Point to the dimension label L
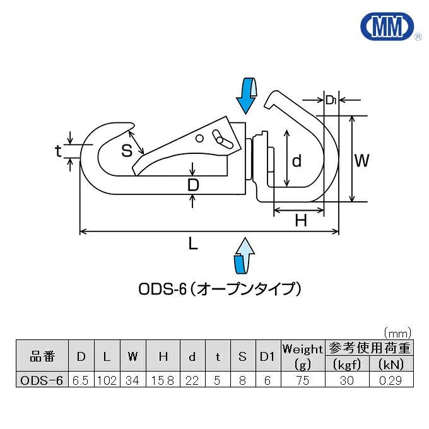pyautogui.click(x=194, y=244)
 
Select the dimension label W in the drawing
pyautogui.click(x=361, y=161)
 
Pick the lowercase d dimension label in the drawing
pyautogui.click(x=297, y=161)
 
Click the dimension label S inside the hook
pyautogui.click(x=127, y=150)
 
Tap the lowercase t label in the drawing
pyautogui.click(x=59, y=151)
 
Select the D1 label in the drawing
pyautogui.click(x=332, y=99)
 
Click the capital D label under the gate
pyautogui.click(x=194, y=185)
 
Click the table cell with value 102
pyautogui.click(x=107, y=380)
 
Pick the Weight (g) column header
pyautogui.click(x=303, y=356)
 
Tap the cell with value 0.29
pyautogui.click(x=391, y=380)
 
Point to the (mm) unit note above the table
pyautogui.click(x=397, y=332)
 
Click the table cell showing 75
pyautogui.click(x=303, y=380)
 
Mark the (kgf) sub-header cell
pyautogui.click(x=346, y=364)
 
